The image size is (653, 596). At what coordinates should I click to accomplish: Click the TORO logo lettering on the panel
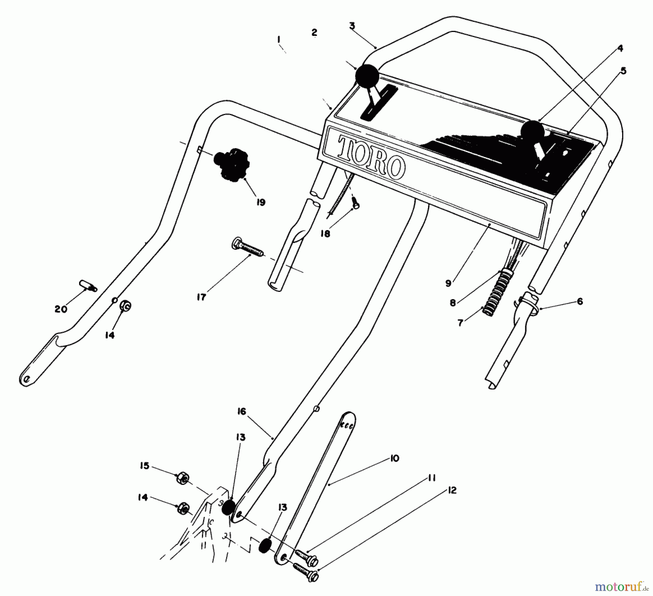[371, 158]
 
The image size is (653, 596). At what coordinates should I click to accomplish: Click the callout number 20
[61, 309]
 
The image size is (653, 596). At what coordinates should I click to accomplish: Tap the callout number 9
[448, 283]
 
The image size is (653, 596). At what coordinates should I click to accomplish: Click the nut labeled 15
[182, 479]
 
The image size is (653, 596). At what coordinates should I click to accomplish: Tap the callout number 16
[242, 412]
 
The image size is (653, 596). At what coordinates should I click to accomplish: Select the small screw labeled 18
[356, 205]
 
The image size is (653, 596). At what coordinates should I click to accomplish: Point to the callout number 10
[395, 458]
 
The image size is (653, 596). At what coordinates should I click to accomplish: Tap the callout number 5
[623, 71]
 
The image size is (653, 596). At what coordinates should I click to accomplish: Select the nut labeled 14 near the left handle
[126, 306]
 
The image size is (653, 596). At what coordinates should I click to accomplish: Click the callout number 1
[279, 39]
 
